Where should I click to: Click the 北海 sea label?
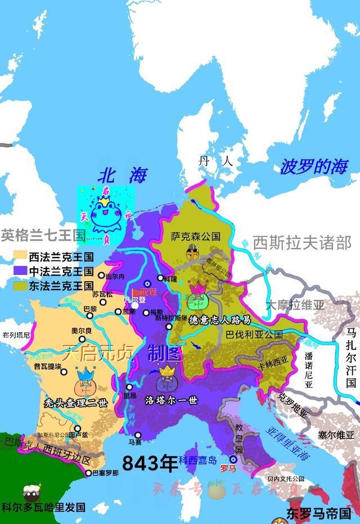121,175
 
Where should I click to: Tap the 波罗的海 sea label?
314,166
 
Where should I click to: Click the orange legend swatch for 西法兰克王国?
20,256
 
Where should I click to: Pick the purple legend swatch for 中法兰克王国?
20,271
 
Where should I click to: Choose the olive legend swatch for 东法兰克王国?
20,286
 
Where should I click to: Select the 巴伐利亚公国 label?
254,334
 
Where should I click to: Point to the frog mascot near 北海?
106,217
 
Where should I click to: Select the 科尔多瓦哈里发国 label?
43,507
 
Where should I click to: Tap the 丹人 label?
215,161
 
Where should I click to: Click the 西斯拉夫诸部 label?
302,242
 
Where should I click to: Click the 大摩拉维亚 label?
295,305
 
